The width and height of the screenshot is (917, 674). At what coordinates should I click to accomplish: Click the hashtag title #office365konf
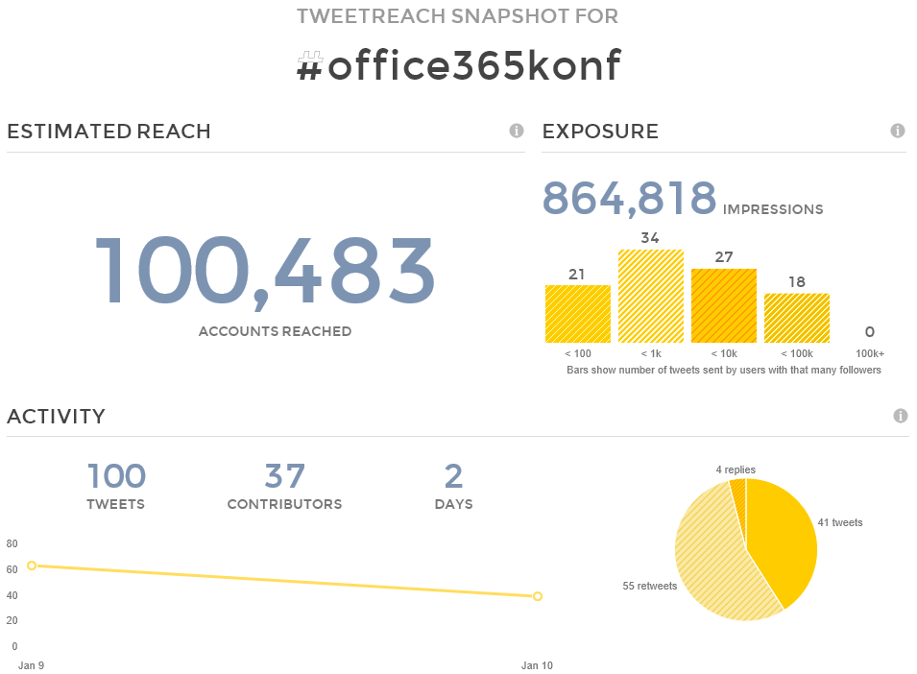pos(458,66)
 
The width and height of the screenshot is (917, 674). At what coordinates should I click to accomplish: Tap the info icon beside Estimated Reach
pos(517,131)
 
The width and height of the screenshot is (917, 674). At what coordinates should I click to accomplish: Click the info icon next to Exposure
pos(898,131)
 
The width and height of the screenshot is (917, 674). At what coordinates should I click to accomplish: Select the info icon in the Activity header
pos(901,416)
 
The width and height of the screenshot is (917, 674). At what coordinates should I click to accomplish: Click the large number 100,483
pos(265,272)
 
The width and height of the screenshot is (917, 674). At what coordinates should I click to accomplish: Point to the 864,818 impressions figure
pos(629,198)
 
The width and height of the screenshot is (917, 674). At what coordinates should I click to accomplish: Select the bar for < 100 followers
pos(578,314)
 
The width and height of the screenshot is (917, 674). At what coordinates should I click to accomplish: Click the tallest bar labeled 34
pos(651,296)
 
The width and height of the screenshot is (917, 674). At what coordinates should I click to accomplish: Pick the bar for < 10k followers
pos(724,305)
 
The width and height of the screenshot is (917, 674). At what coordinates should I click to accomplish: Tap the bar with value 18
pos(797,318)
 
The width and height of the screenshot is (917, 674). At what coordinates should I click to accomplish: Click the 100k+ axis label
pos(870,354)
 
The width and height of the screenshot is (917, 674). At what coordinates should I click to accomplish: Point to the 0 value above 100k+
pos(870,332)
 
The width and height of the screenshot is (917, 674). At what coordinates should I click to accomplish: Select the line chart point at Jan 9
pos(32,566)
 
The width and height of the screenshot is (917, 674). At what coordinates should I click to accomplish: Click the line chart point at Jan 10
pos(538,596)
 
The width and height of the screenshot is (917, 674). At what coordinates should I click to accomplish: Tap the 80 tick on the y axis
pos(12,543)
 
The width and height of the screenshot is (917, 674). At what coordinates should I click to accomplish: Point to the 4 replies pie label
pos(736,469)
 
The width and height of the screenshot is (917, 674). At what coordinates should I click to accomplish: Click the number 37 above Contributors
pos(284,476)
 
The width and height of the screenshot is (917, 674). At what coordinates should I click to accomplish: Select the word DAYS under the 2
pos(453,504)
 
